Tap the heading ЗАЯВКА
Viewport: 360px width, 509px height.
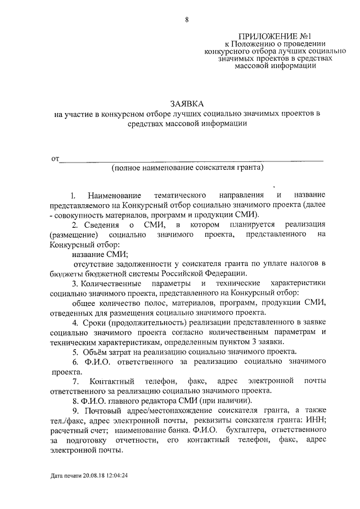tap(186, 103)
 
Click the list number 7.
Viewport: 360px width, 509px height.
tap(73, 382)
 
